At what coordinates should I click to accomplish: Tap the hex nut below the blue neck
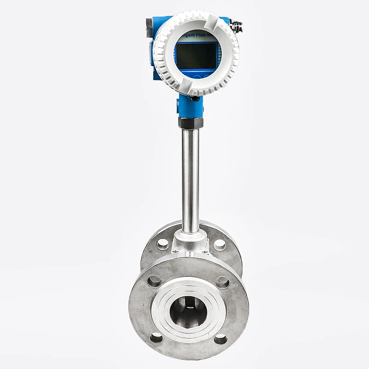tap(190, 123)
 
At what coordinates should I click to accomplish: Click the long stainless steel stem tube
tap(190, 180)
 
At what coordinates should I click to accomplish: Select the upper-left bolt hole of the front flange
tap(154, 280)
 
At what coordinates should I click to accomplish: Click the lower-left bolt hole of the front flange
tap(156, 338)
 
